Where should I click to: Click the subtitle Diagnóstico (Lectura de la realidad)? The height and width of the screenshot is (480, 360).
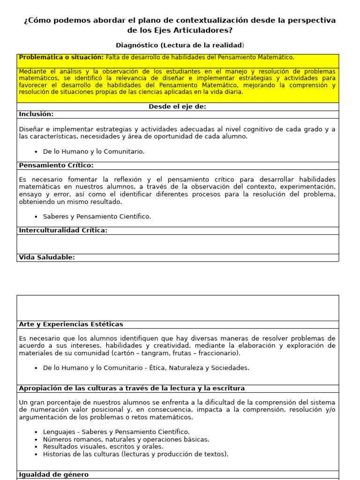coord(180,45)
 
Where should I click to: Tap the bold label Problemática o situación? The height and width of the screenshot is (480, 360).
coord(61,58)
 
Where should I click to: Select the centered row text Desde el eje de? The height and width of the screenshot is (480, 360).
coord(177,107)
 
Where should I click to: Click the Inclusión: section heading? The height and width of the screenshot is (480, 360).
coord(36,114)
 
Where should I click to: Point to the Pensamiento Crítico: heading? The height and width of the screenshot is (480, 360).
coord(56,165)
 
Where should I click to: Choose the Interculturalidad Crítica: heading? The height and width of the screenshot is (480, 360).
coord(63,231)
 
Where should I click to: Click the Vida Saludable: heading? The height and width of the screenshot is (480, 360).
coord(47,257)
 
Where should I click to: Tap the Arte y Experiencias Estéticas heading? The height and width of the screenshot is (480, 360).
coord(71,324)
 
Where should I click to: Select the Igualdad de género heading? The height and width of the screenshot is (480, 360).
coord(53,474)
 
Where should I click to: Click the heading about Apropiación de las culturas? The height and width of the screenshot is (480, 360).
coord(131,389)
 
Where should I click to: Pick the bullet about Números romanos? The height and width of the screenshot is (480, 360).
coord(126,439)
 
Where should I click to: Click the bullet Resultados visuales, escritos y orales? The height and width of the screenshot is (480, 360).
coord(103,447)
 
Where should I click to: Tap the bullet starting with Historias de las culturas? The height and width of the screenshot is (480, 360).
coord(135,454)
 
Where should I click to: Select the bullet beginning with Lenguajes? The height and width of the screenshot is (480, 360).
coord(116,432)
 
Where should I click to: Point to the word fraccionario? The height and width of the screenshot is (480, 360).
coord(218,353)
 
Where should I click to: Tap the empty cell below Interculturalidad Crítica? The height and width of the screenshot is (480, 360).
coord(177,244)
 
